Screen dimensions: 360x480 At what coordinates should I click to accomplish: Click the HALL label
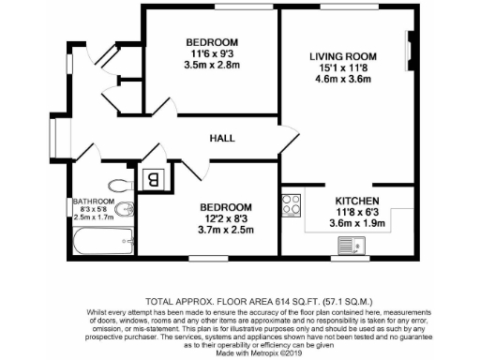pos(222,138)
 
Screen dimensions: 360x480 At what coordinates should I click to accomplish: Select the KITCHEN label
pos(357,202)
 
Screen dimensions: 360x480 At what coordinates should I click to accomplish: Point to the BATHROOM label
pos(94,202)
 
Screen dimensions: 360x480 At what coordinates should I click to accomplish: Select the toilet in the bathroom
pos(119,184)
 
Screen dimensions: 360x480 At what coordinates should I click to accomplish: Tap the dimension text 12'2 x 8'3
pos(225,217)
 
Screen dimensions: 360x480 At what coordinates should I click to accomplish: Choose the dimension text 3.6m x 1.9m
pos(357,224)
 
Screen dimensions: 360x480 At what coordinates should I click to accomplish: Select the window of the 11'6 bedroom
pos(217,8)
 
